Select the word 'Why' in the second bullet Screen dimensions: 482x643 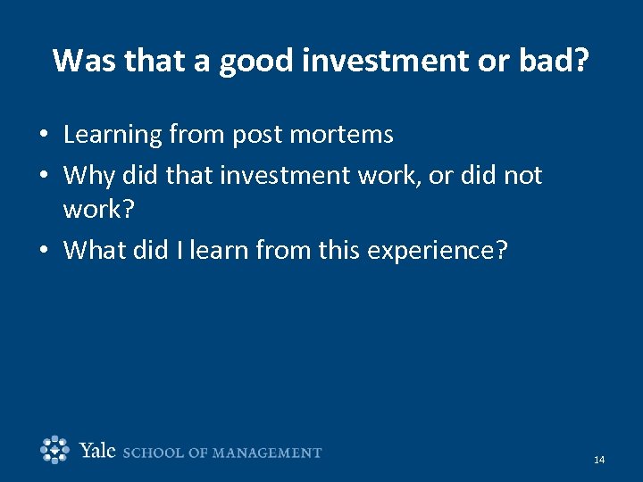coord(88,175)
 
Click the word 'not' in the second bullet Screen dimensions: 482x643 coord(522,175)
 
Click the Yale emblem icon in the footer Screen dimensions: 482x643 coord(55,450)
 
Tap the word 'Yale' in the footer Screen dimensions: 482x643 coord(97,451)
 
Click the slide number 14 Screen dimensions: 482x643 coord(598,460)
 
